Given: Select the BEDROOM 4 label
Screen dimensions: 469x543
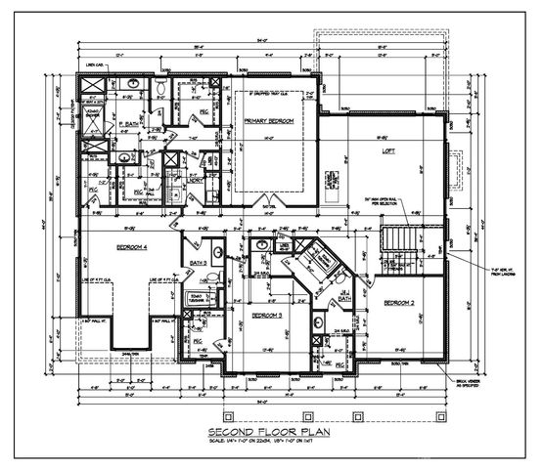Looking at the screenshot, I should coord(128,247).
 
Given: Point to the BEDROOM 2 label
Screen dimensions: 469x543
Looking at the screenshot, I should coord(398,303).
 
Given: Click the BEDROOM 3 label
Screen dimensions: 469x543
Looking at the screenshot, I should coord(266,317).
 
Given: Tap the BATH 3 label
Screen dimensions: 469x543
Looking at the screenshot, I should coord(198,264).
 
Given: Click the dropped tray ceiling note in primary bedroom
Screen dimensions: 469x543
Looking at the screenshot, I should coord(270,95).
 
